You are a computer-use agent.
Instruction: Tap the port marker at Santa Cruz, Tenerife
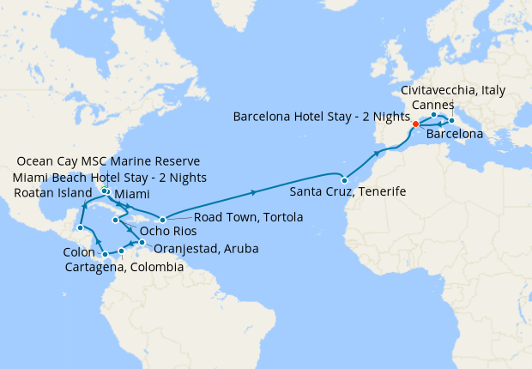click(343, 179)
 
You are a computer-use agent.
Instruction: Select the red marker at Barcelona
click(415, 124)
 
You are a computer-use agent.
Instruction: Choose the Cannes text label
click(433, 104)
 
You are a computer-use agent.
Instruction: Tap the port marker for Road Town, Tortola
click(162, 220)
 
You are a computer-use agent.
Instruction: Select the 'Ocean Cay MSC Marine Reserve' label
click(109, 161)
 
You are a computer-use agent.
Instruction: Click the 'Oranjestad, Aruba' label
click(206, 249)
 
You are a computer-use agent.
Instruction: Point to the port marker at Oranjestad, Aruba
click(142, 244)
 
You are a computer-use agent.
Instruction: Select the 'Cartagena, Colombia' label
click(124, 268)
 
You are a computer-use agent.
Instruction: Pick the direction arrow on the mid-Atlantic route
click(254, 193)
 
